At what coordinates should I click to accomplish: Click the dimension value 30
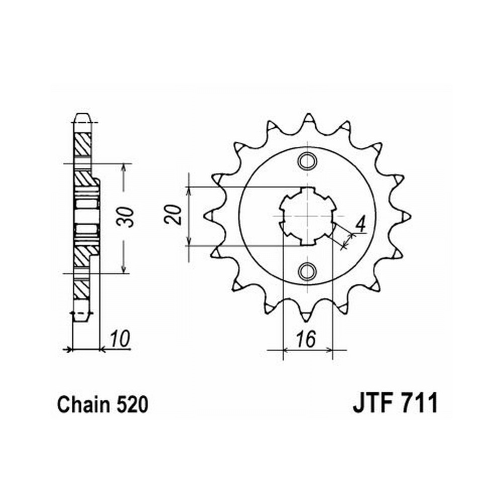click(x=130, y=217)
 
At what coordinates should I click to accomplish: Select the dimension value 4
click(x=360, y=225)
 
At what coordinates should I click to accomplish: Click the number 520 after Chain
click(x=133, y=404)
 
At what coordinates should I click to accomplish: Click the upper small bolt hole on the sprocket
click(x=306, y=161)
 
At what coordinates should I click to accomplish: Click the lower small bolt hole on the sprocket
click(x=306, y=271)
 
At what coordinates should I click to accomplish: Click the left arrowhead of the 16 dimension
click(x=286, y=349)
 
